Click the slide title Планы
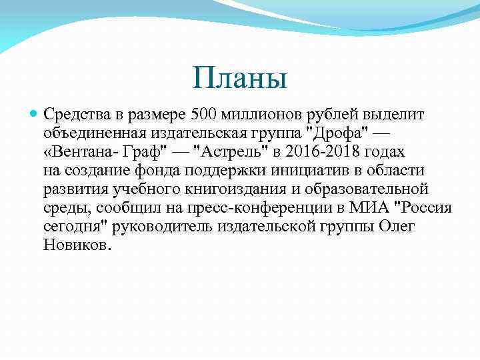tap(239, 77)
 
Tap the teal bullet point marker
tap(34, 114)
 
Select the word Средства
tap(74, 114)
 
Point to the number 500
tap(203, 114)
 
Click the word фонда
tap(159, 170)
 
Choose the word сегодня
tap(74, 226)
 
